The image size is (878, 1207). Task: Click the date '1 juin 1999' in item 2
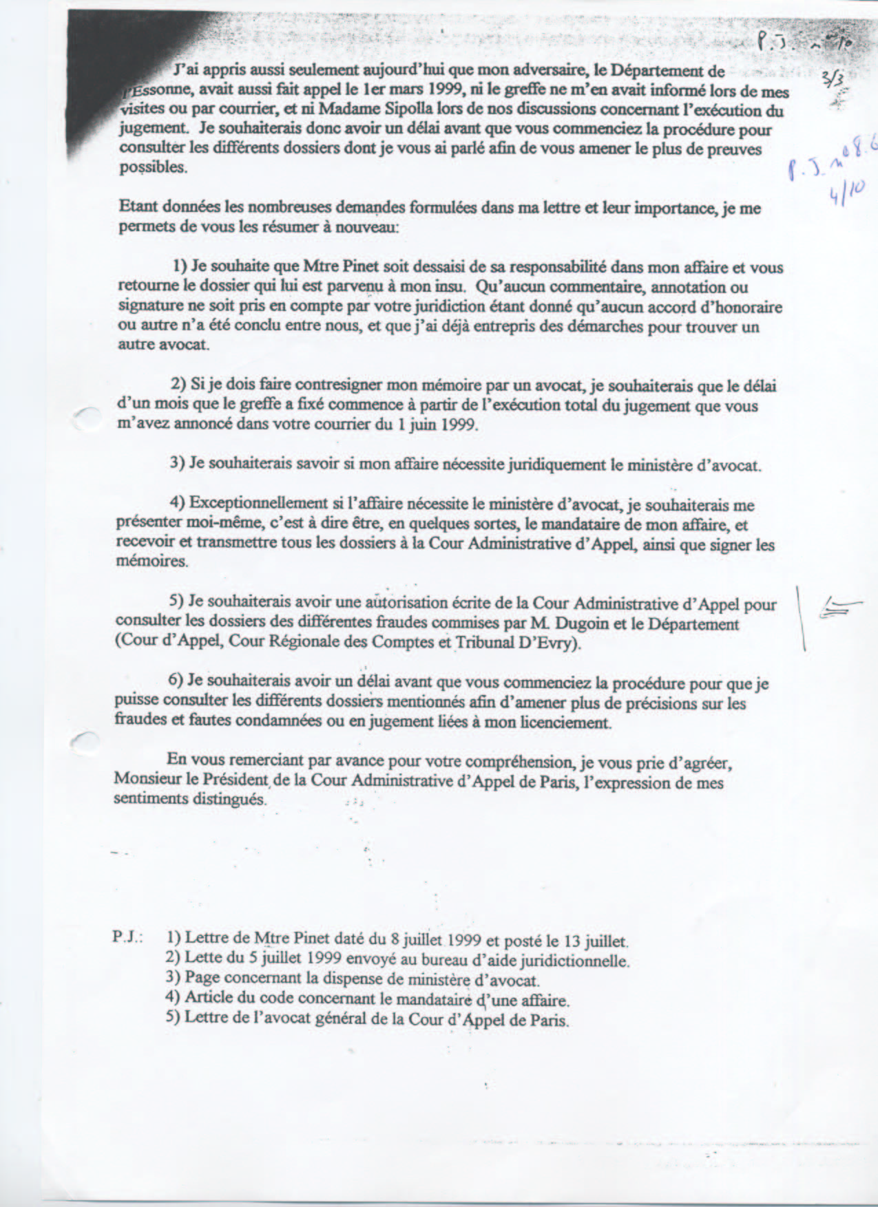438,425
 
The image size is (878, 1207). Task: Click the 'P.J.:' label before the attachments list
127,938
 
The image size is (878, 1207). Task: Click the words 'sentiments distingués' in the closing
189,800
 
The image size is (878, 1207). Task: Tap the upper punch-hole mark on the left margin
86,416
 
